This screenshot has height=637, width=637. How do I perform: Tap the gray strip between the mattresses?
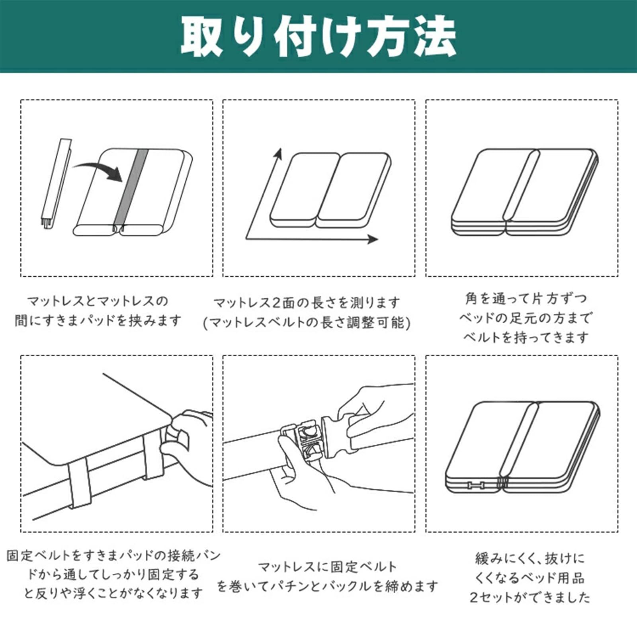click(131, 187)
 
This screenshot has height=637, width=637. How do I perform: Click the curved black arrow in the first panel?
click(100, 169)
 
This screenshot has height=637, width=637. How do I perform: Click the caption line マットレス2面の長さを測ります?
click(307, 303)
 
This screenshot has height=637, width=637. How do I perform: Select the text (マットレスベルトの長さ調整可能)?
click(307, 322)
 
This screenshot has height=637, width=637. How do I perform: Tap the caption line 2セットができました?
click(530, 597)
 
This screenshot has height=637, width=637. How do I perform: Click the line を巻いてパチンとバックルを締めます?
click(327, 586)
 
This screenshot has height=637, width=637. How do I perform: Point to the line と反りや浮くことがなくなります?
click(113, 593)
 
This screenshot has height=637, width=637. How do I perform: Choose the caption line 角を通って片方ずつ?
click(526, 299)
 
